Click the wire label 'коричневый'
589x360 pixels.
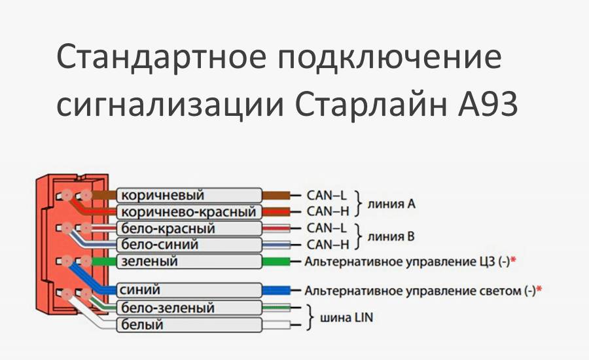(161, 196)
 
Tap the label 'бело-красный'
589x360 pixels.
(168, 228)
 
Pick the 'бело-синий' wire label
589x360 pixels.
(160, 245)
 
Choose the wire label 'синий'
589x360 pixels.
(141, 289)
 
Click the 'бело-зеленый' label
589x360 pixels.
(168, 308)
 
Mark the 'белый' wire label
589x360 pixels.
(143, 325)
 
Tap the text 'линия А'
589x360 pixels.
(391, 204)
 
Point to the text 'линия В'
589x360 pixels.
(391, 236)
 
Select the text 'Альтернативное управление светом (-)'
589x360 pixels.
(419, 290)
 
